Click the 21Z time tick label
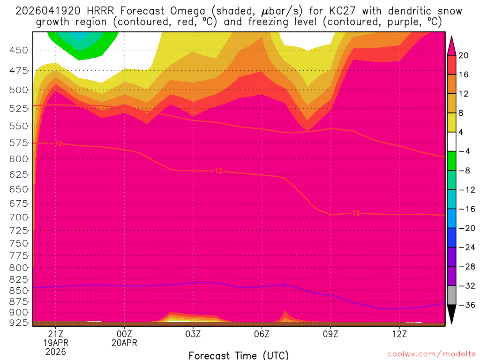(x=56, y=334)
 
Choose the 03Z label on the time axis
(x=193, y=334)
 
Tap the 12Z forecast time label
(x=399, y=334)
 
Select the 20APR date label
(x=124, y=343)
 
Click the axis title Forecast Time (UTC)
(x=239, y=355)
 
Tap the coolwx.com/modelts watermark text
(x=431, y=353)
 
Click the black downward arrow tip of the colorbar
(x=451, y=319)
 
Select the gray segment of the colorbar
(x=451, y=295)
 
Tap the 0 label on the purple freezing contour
(x=284, y=285)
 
